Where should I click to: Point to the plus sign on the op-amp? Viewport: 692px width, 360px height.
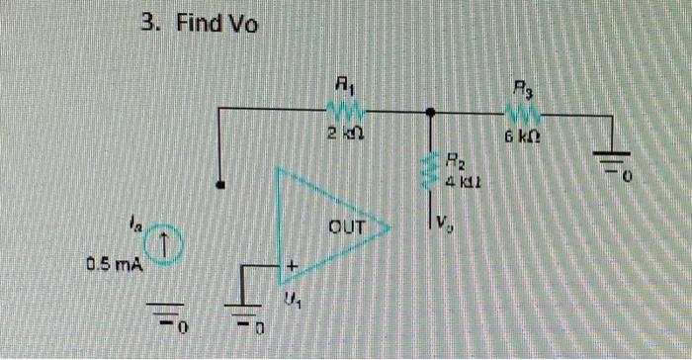[x=292, y=267]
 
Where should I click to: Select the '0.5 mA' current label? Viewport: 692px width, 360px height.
[x=113, y=265]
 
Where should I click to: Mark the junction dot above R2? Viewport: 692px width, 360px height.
[x=430, y=114]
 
